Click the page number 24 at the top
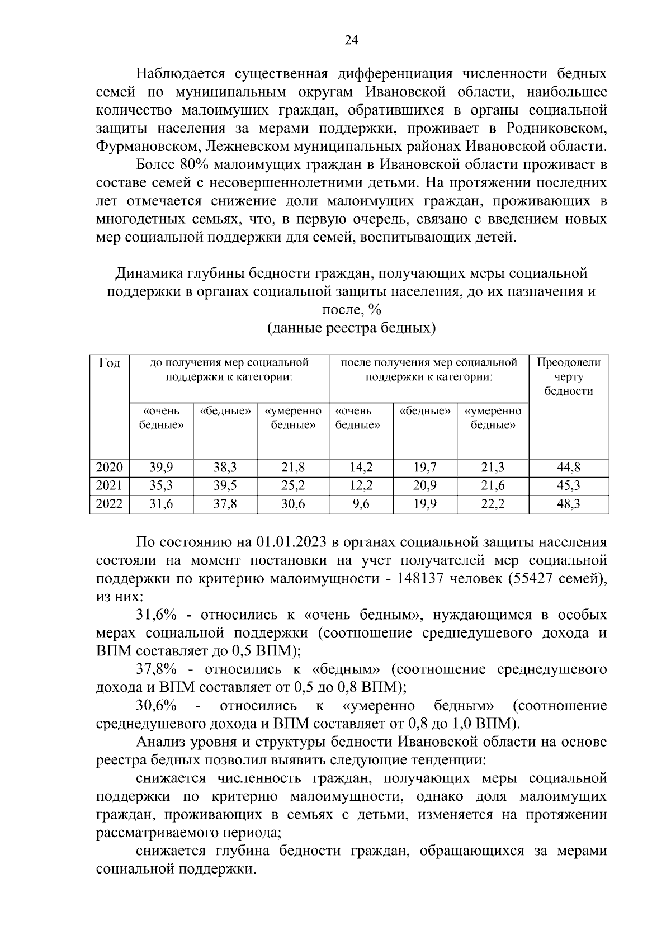point(351,40)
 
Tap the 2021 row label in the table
point(109,486)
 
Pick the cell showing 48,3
point(568,504)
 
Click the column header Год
point(110,363)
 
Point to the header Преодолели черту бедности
point(568,376)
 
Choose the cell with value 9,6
point(361,504)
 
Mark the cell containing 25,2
point(292,486)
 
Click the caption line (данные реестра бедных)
point(351,328)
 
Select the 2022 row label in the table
point(109,504)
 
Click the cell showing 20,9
point(425,486)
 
